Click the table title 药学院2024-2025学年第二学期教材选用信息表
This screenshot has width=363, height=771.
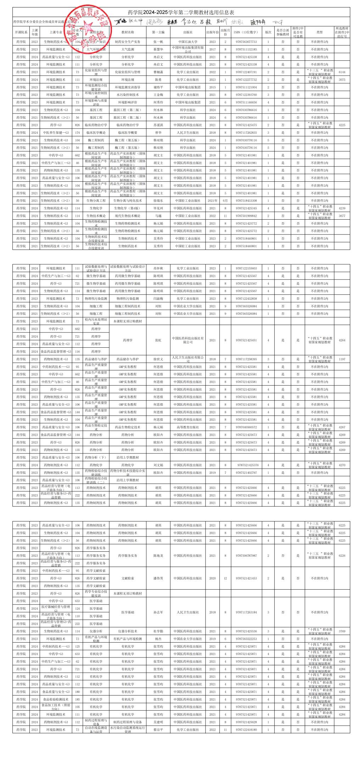181,12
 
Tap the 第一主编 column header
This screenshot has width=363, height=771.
158,32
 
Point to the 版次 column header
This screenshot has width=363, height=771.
268,32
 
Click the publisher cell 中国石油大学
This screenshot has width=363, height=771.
188,42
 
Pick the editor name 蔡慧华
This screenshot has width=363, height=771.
158,50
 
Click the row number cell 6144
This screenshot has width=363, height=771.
342,72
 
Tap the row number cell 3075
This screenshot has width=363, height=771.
342,80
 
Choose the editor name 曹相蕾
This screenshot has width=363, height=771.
158,72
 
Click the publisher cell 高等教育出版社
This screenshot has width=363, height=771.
188,428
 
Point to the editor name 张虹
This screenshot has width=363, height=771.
158,340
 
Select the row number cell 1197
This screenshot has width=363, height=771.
342,359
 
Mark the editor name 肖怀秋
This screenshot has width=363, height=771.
158,269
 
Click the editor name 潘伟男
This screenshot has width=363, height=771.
158,578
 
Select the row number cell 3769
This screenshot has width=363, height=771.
342,632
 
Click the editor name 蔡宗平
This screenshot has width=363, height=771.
158,730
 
